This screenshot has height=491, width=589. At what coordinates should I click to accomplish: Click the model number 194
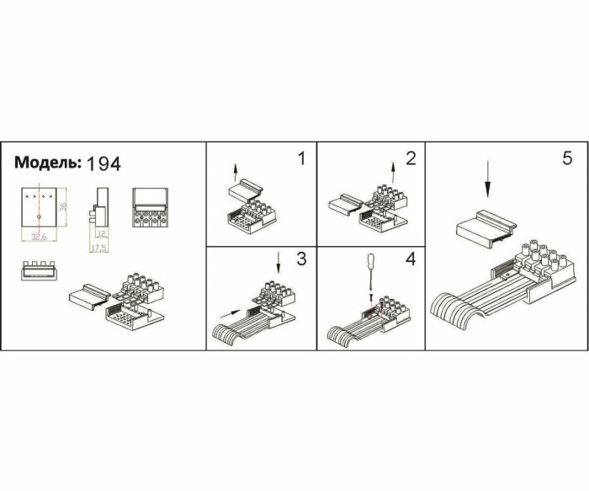(x=103, y=163)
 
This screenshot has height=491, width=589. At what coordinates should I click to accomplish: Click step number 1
(x=300, y=158)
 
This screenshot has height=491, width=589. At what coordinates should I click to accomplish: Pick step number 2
(x=410, y=158)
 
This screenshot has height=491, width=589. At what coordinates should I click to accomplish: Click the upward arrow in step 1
(x=236, y=175)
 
